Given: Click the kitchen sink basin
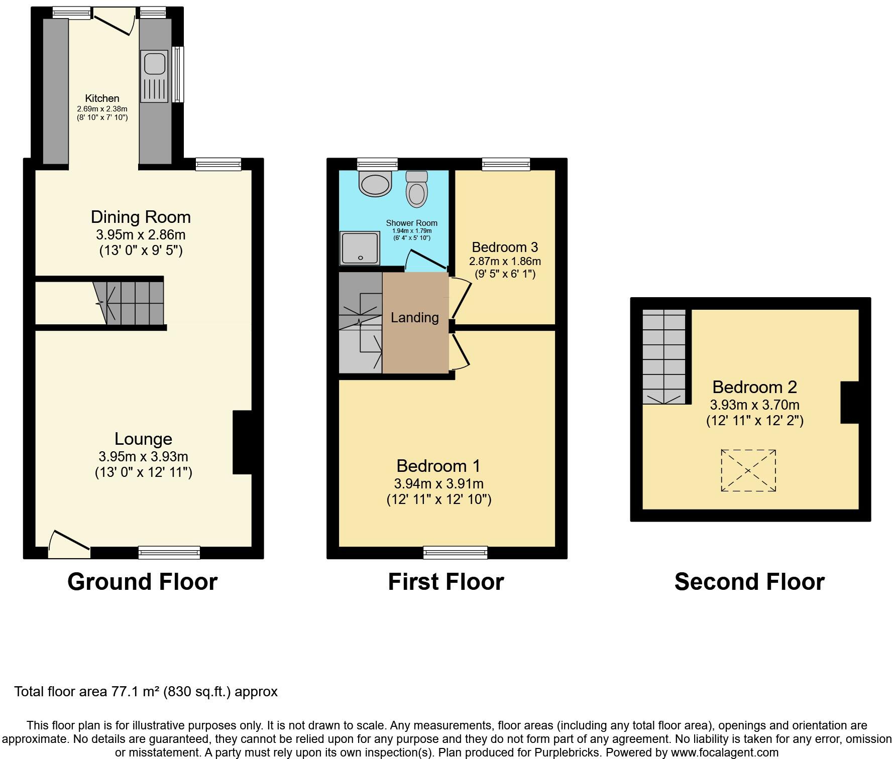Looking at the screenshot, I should point(155,63).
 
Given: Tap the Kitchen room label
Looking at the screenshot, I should point(102,98).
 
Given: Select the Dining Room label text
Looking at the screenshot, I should point(141,217).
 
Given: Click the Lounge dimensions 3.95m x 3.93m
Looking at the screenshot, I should point(143,457).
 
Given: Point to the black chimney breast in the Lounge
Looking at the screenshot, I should point(243,442).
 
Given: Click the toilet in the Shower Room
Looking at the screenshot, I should point(417,190).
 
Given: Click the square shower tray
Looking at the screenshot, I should point(360,248).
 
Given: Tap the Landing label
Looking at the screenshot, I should point(414,317).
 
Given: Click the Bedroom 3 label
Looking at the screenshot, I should point(505,247).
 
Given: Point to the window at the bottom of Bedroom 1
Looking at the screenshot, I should point(456,553).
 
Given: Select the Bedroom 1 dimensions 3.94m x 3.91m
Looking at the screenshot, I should point(438,484).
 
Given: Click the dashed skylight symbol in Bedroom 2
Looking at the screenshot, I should point(748,470).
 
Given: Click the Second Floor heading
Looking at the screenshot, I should point(749,582).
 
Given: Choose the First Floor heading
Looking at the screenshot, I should point(445,582).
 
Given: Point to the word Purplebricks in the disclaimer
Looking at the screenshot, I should point(571,752).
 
